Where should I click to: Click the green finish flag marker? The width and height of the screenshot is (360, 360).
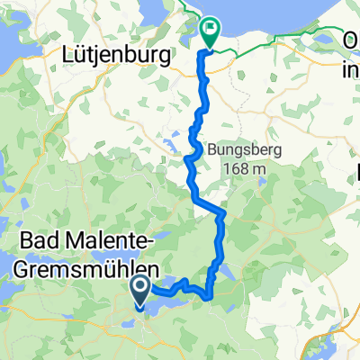point(210,32)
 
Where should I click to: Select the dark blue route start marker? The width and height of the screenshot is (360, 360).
point(141,290)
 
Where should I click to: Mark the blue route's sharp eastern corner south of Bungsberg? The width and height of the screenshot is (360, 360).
point(221,212)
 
